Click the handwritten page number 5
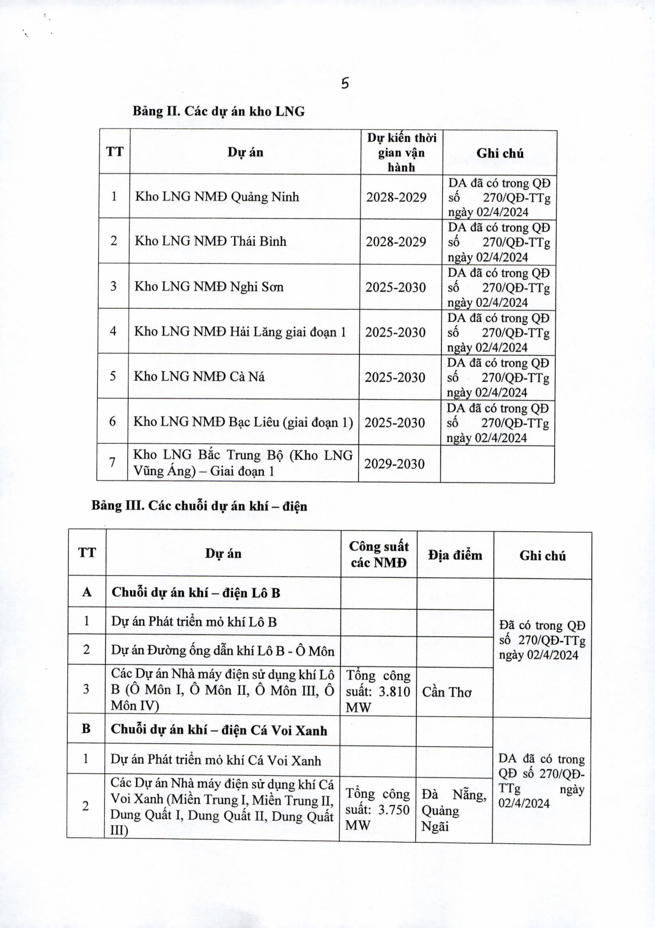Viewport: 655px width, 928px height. click(x=344, y=84)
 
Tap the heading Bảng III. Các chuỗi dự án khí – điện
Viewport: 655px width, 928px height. click(x=199, y=506)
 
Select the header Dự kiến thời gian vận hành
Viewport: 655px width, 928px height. click(x=402, y=152)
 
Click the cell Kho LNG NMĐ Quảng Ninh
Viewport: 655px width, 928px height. click(x=217, y=197)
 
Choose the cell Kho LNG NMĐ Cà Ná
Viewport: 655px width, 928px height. click(x=199, y=377)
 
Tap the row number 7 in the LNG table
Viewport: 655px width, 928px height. click(x=112, y=462)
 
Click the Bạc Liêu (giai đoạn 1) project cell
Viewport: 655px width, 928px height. click(x=243, y=422)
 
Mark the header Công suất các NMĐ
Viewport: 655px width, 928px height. click(x=379, y=554)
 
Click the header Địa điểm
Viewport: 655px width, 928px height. click(x=455, y=555)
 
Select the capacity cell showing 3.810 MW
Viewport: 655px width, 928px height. click(x=378, y=692)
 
